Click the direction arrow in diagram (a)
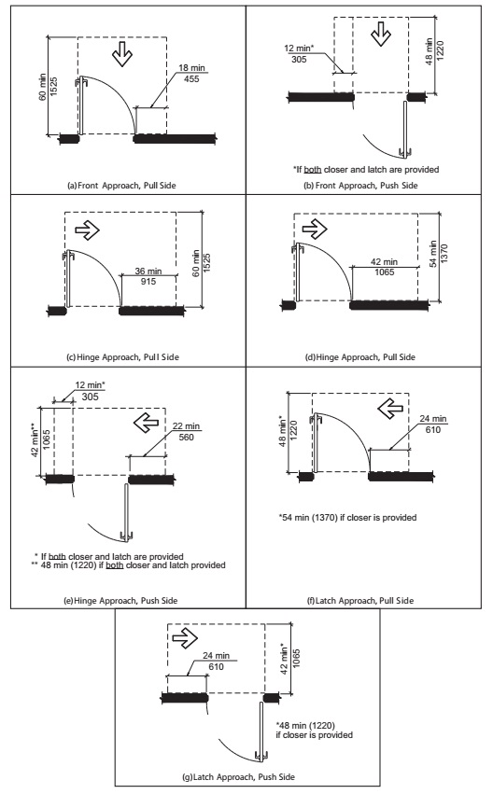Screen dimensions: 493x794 (x=122, y=55)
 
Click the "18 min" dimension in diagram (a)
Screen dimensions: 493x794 (x=191, y=68)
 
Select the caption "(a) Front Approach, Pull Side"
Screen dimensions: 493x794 (x=121, y=186)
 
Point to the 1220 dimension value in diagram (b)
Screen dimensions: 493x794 (x=440, y=50)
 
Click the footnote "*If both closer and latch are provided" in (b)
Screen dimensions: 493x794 (x=366, y=169)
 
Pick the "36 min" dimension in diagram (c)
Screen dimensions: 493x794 (x=148, y=271)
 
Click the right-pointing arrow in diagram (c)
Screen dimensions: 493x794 (x=87, y=230)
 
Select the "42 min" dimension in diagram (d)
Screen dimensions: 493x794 (x=384, y=262)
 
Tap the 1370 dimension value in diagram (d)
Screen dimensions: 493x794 (x=444, y=254)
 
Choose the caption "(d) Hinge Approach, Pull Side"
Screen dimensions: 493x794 (x=359, y=357)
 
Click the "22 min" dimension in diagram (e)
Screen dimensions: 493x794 (x=186, y=426)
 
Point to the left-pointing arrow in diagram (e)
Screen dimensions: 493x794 (x=146, y=423)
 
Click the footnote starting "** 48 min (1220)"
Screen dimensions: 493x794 (x=128, y=565)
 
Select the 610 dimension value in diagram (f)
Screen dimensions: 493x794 (x=433, y=430)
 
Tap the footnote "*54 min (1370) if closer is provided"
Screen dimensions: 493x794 (x=347, y=518)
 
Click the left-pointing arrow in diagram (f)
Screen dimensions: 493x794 (x=390, y=408)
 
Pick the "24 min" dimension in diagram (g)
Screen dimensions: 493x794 (x=216, y=656)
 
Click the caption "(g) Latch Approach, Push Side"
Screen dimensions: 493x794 (x=238, y=776)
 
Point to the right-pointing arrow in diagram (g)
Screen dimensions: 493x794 (x=185, y=638)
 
